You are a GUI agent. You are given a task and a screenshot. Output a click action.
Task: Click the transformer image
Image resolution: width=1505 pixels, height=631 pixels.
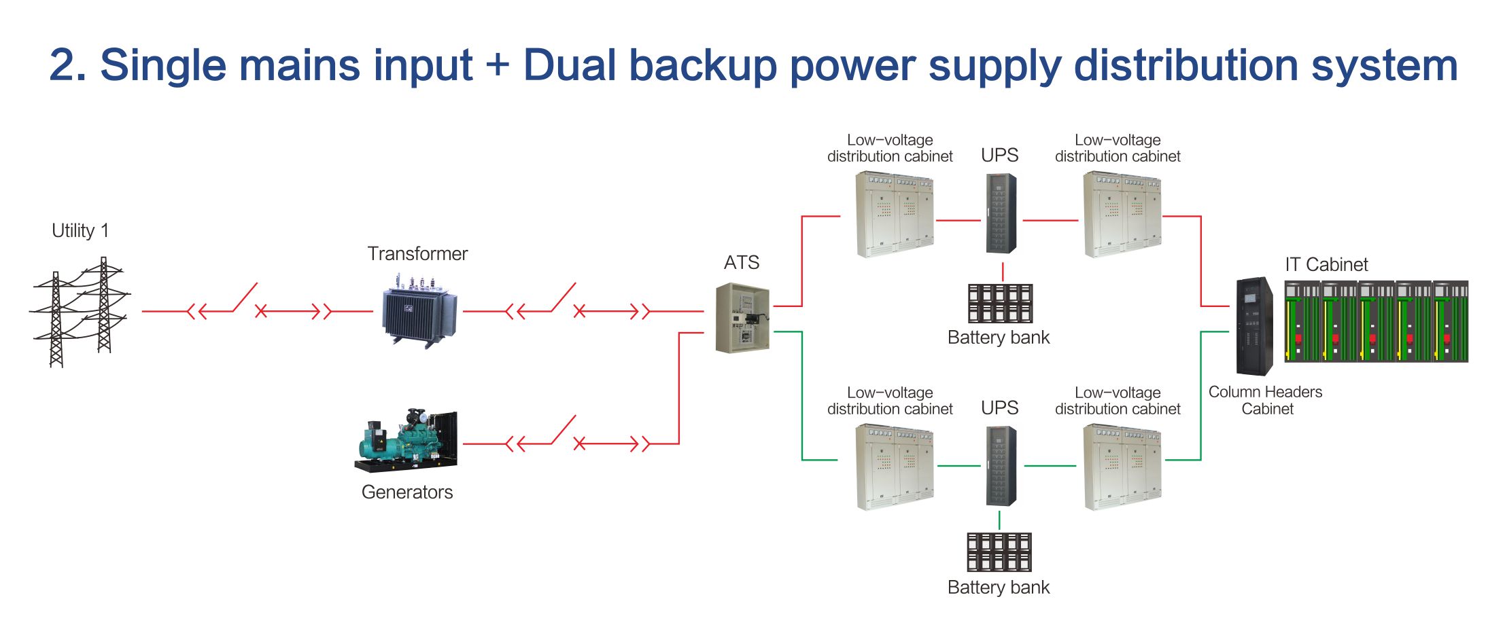(419, 312)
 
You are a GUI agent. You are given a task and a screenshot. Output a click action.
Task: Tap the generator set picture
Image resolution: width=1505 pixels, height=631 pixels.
(406, 440)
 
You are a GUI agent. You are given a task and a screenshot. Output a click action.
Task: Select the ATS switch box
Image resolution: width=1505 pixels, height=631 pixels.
(743, 318)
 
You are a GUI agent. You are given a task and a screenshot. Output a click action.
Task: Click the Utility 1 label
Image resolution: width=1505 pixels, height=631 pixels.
(80, 231)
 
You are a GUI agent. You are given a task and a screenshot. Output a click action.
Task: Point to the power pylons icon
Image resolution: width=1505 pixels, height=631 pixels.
(80, 312)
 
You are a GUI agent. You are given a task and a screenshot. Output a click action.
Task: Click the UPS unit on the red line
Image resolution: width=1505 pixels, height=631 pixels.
(1001, 213)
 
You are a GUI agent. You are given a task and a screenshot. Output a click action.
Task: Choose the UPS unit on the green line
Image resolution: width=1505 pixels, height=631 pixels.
(1001, 466)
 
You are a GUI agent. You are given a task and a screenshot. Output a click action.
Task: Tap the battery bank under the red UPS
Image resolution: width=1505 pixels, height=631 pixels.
(1000, 303)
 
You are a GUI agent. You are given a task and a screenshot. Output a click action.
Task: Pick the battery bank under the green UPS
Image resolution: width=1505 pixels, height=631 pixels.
(999, 552)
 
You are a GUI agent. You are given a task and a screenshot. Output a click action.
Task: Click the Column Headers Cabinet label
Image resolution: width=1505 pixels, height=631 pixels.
(1266, 400)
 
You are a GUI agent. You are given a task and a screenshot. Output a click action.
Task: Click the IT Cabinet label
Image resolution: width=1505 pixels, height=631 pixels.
(1326, 265)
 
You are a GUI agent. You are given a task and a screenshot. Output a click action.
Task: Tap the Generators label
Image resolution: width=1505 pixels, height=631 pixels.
(407, 492)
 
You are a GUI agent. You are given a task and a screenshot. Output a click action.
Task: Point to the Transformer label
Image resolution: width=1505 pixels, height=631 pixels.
(417, 254)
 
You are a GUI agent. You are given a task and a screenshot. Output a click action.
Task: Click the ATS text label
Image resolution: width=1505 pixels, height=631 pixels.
(742, 263)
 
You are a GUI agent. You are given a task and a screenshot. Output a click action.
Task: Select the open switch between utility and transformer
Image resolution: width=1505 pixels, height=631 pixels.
(245, 298)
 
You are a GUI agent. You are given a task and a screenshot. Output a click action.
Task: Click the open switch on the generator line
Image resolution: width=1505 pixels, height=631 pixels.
(564, 430)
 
